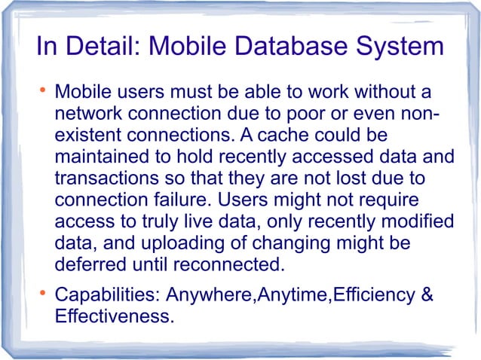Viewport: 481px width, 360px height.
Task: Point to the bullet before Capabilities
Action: [x=43, y=294]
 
